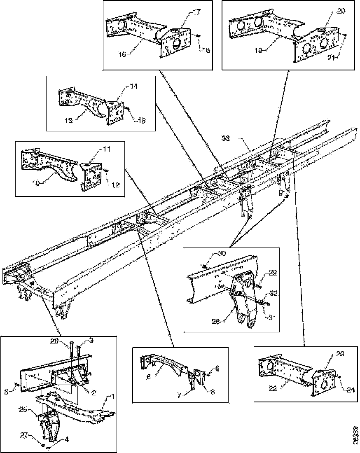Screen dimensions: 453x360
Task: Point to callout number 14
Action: click(x=135, y=87)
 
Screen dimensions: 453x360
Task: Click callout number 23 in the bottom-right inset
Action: click(x=339, y=353)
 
